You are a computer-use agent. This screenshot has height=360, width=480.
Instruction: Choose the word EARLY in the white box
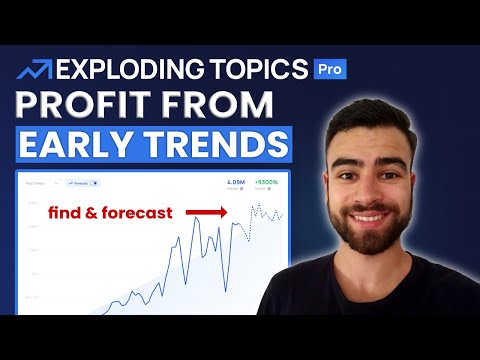tap(90, 144)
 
